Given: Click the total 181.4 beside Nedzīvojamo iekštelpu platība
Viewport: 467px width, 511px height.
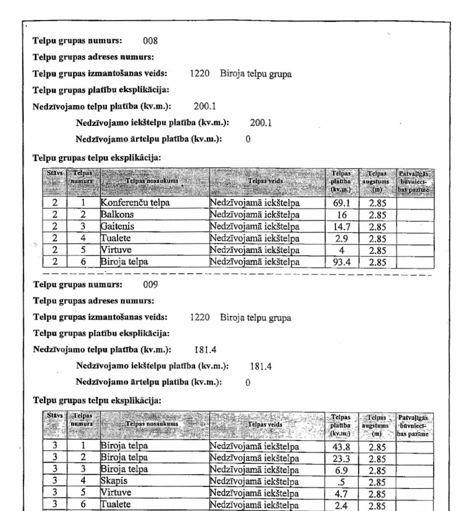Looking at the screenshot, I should click(x=261, y=367).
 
